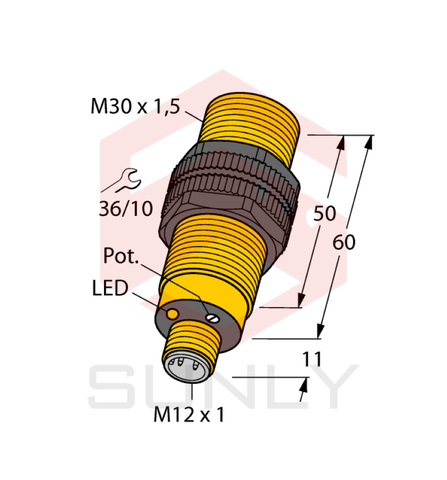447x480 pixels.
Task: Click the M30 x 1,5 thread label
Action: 135,106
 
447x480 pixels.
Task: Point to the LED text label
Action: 110,289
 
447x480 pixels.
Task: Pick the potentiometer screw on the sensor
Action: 212,318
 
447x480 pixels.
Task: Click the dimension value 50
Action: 324,214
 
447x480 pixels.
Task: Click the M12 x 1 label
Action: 189,415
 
